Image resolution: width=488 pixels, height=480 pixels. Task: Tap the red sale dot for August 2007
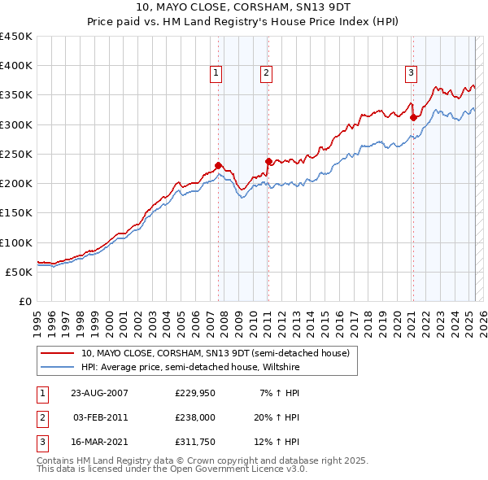pos(218,166)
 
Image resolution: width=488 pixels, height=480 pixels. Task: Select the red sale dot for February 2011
pos(268,161)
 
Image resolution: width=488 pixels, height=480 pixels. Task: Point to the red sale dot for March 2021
pos(413,118)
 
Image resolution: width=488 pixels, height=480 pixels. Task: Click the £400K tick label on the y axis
pos(16,66)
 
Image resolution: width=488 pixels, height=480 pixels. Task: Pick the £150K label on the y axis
pos(16,213)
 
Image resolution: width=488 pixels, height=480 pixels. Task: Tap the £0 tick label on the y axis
pos(25,301)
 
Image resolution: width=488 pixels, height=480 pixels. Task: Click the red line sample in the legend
pos(58,353)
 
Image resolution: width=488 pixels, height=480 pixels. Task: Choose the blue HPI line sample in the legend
pos(58,367)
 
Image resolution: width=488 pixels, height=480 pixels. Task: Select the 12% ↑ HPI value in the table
pos(279,443)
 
